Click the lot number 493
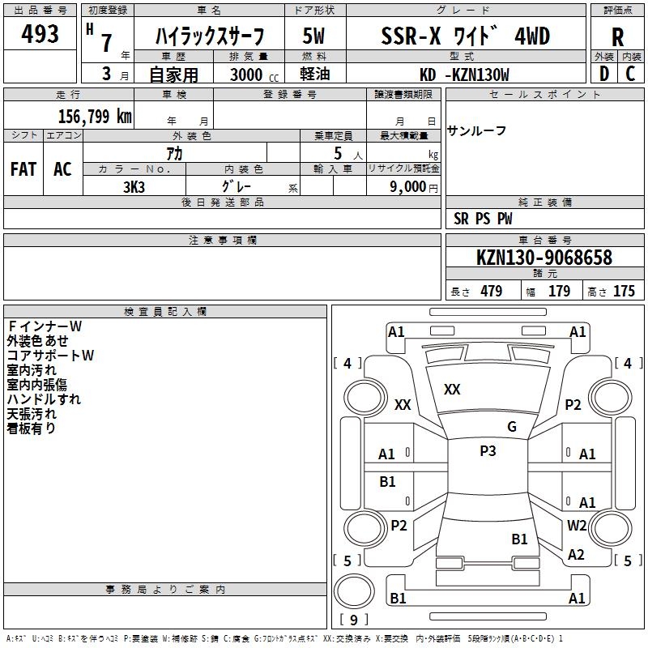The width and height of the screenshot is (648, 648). tap(40, 34)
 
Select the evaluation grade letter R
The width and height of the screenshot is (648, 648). tap(617, 37)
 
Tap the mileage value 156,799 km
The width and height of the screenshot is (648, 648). tap(95, 116)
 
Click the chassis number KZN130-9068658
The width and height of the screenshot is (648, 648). tap(544, 258)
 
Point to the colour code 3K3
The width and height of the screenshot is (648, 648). tap(134, 185)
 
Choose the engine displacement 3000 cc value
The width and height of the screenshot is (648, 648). tap(249, 75)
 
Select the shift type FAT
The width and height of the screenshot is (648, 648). tap(23, 169)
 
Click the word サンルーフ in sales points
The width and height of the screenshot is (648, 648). tap(478, 130)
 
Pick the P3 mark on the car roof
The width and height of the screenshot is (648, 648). tap(488, 451)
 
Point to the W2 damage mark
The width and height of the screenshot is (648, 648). tap(577, 525)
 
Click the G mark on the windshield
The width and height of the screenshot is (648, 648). tap(512, 426)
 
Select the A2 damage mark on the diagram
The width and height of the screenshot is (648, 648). tap(576, 555)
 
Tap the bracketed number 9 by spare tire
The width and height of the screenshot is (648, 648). tap(353, 620)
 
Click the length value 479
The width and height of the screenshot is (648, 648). tap(491, 292)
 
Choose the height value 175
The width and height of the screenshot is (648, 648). tap(624, 292)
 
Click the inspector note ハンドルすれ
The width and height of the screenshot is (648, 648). tap(44, 399)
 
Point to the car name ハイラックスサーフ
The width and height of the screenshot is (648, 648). tap(210, 36)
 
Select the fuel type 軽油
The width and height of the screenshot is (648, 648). tap(315, 75)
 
